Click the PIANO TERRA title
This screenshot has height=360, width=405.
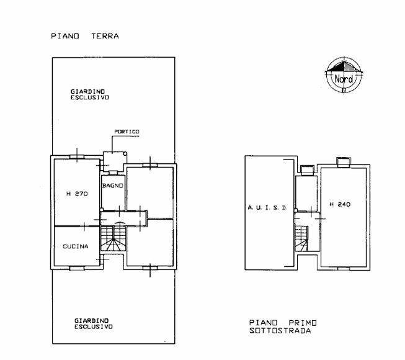tap(85, 36)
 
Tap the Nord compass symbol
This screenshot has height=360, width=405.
tap(344, 75)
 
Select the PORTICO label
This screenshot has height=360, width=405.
tap(127, 132)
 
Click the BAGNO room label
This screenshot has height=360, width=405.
tap(113, 186)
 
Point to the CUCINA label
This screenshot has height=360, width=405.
tap(76, 246)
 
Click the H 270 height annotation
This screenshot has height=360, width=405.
tap(77, 194)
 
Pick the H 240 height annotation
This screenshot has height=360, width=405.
tap(340, 204)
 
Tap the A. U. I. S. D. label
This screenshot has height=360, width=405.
tap(267, 207)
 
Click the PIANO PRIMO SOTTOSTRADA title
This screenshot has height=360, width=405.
tap(283, 326)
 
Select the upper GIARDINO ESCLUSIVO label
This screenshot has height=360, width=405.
tap(90, 94)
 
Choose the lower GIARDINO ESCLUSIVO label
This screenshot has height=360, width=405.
tap(94, 323)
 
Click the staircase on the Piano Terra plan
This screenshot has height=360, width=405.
tap(113, 238)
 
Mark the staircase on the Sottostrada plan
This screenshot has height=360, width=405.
tap(301, 238)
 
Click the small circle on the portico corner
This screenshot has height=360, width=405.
tap(125, 154)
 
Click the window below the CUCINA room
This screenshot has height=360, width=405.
tap(77, 269)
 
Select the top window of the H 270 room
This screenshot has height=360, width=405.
tap(77, 157)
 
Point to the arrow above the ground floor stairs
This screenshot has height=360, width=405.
tap(119, 222)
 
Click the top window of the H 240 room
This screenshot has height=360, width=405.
tap(344, 162)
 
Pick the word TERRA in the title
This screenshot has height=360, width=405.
tap(105, 36)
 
